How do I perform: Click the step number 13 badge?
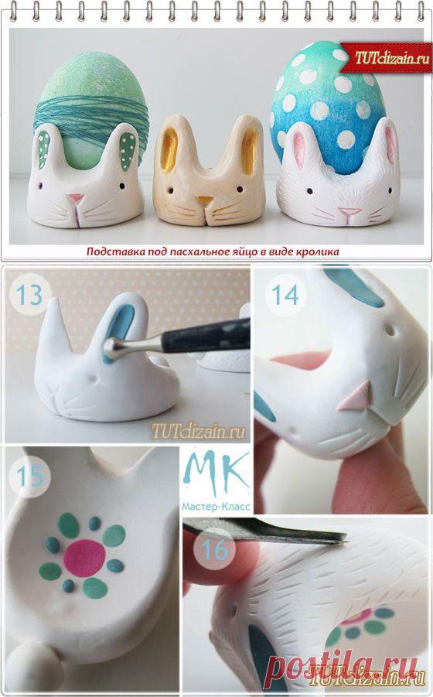29,294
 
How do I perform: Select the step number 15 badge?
29,476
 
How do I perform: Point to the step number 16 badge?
215,549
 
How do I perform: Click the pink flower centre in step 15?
84,558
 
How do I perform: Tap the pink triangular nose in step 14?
354,395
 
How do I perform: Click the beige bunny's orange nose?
205,200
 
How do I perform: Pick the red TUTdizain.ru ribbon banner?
386,58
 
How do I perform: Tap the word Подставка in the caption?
107,252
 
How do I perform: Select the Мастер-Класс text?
216,506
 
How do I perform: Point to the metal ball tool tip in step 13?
109,344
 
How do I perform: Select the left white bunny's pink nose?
76,198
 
